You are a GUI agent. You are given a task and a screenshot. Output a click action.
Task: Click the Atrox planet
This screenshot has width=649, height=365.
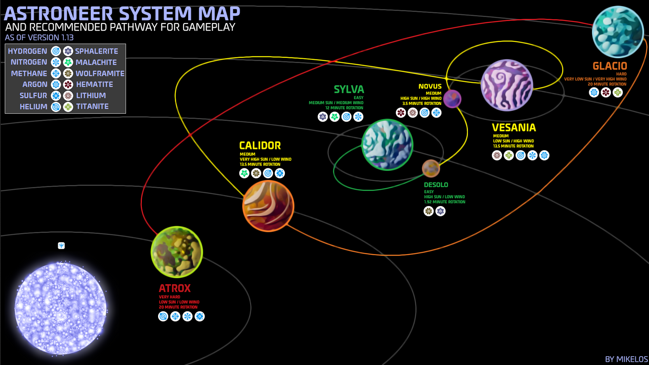tap(177, 252)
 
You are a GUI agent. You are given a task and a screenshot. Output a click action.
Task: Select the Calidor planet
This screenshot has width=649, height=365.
tap(268, 206)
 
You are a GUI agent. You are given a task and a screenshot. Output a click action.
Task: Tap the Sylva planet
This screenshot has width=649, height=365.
tap(387, 145)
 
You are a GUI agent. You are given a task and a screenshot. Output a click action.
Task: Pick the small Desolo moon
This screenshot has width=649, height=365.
tap(431, 168)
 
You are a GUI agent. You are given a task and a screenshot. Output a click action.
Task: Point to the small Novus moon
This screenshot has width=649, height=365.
tap(452, 99)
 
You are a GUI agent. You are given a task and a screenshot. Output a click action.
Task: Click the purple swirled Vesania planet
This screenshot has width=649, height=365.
tap(506, 85)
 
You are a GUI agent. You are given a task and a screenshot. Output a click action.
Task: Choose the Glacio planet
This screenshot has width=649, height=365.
tap(617, 32)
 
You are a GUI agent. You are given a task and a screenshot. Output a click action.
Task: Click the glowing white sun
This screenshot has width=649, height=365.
tap(61, 308)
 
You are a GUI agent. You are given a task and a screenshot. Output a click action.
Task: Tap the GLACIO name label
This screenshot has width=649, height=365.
tap(609, 66)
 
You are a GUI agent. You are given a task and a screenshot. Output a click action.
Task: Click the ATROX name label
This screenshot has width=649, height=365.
tap(175, 288)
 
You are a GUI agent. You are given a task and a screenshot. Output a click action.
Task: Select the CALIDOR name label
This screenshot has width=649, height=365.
tap(260, 145)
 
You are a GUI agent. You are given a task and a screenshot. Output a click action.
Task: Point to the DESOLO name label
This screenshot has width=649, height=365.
tap(436, 185)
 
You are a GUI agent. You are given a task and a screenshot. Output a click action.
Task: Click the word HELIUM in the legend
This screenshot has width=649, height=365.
tap(33, 107)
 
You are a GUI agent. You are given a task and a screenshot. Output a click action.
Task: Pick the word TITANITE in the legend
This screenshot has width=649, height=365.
tap(92, 107)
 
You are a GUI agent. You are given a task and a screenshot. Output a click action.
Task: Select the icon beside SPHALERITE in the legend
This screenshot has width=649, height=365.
tap(68, 51)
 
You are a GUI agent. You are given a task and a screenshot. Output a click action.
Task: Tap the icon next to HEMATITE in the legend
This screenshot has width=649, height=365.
tap(68, 84)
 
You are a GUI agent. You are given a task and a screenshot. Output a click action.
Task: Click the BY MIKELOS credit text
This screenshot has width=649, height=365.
tap(626, 359)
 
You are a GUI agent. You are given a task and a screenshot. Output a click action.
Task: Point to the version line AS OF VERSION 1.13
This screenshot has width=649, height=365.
tap(39, 38)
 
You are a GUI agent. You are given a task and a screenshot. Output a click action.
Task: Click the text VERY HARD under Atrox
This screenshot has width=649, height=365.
tap(170, 297)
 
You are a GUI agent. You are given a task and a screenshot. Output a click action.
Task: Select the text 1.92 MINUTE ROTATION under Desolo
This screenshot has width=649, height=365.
tap(445, 202)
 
